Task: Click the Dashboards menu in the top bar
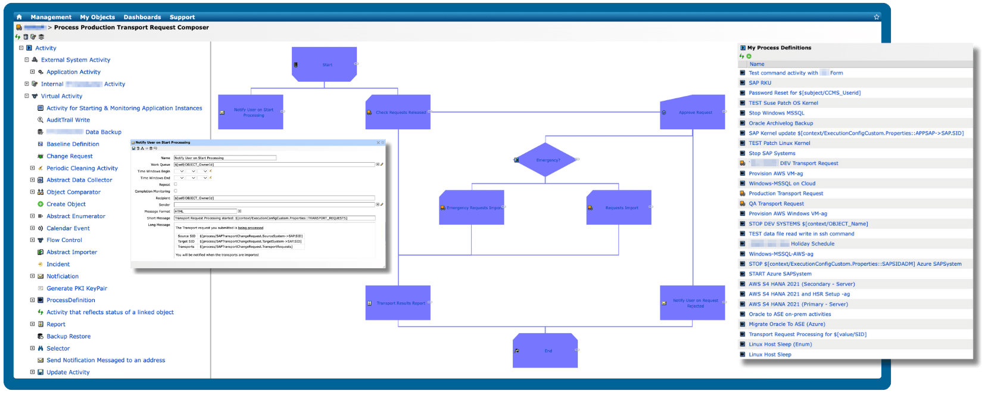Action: point(142,17)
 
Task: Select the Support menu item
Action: point(182,17)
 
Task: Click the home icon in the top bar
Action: point(19,17)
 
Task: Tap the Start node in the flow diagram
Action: point(325,64)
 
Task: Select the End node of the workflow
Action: point(546,350)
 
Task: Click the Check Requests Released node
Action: point(398,112)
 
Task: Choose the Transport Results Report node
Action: point(398,303)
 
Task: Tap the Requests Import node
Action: point(619,207)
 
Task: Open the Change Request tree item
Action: point(70,156)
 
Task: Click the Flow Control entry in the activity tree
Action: point(64,240)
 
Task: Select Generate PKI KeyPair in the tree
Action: point(77,288)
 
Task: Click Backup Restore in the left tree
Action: point(68,336)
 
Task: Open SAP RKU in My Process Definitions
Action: point(760,83)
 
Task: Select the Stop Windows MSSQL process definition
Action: point(777,113)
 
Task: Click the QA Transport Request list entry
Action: point(776,204)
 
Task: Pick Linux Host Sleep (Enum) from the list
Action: point(780,345)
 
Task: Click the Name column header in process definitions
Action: point(757,64)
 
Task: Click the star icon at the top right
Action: point(877,17)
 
